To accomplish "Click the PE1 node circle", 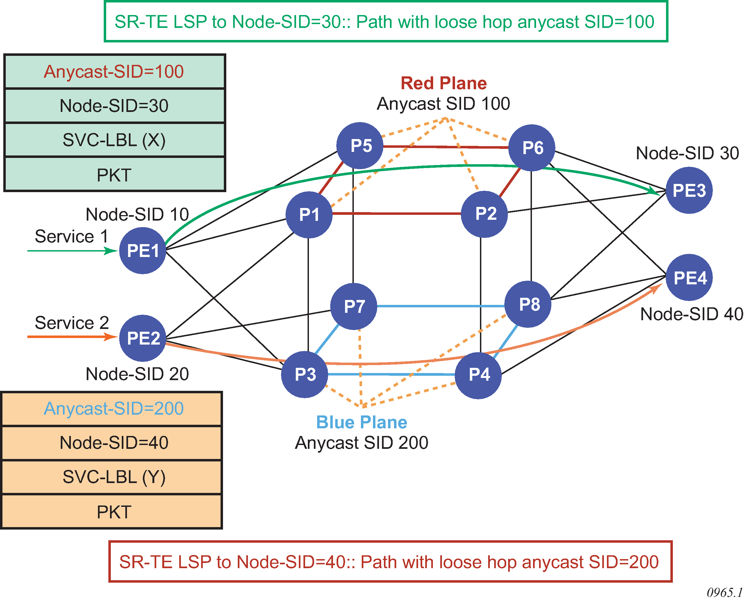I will click(143, 251).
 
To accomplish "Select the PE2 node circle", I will click(143, 338).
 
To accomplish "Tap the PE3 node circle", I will click(689, 190).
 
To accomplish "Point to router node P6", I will click(532, 148).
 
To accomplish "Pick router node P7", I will click(354, 307).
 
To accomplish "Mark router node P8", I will click(528, 304).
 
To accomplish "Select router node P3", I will click(305, 375).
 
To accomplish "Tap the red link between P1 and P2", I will click(396, 213).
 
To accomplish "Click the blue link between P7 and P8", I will click(440, 306).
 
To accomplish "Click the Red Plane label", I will click(444, 83).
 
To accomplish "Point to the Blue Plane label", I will click(362, 422).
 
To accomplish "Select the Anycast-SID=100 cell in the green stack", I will click(114, 72).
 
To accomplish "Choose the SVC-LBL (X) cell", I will click(114, 140).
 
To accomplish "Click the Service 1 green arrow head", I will click(111, 251).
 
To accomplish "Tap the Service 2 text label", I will click(72, 323).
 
